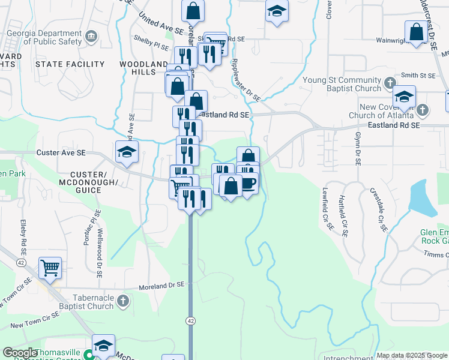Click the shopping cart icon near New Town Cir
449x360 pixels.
[x=50, y=267]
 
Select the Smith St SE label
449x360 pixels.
[x=418, y=76]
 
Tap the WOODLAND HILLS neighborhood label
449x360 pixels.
[x=143, y=68]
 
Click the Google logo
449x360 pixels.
[x=20, y=352]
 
